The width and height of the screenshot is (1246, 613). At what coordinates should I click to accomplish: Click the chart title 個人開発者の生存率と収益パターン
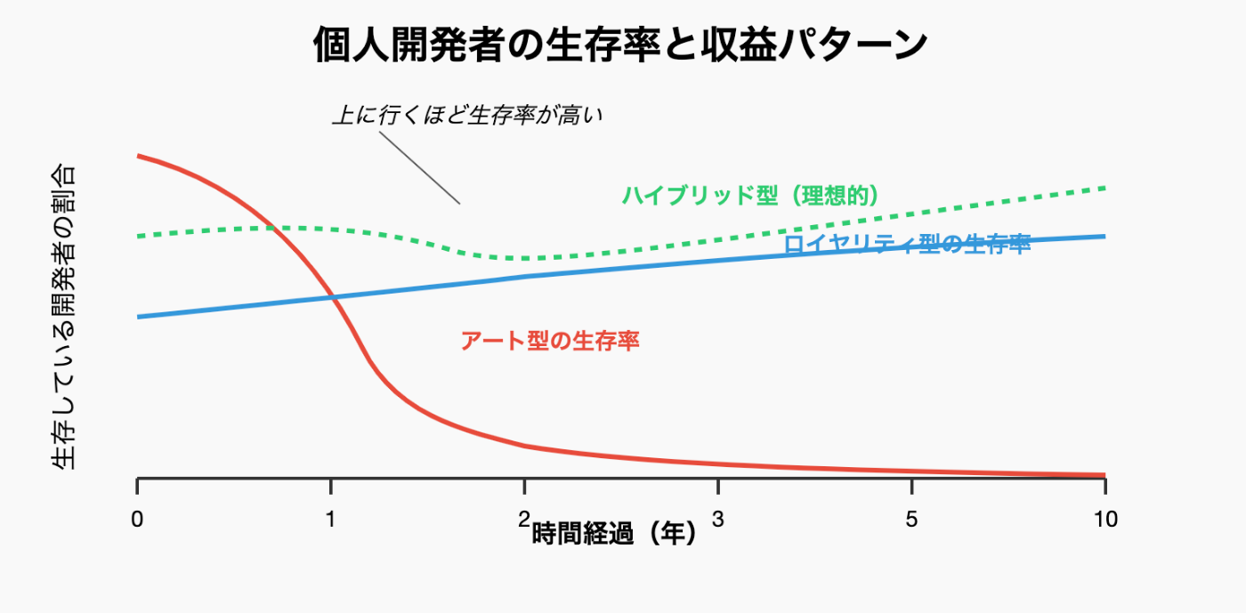(620, 45)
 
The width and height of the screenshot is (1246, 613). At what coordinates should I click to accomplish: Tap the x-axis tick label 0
(136, 520)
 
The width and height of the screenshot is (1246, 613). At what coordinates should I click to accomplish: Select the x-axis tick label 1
(330, 520)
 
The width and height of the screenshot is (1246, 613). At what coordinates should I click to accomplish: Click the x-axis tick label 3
(717, 520)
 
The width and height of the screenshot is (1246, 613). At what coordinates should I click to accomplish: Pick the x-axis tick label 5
(911, 520)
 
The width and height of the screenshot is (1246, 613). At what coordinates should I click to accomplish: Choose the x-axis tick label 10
(1105, 520)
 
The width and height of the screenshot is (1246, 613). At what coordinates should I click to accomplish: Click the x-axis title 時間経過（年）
(614, 534)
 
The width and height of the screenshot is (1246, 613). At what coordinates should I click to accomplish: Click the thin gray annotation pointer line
(418, 169)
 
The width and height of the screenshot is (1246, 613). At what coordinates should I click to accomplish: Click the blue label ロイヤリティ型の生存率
(907, 245)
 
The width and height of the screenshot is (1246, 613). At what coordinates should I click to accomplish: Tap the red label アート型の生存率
(550, 341)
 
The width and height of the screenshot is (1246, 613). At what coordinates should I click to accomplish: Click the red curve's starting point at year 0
(137, 156)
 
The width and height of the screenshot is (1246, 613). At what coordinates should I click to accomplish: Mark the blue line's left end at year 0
(137, 317)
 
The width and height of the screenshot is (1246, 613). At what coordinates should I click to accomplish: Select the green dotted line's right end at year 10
(1104, 188)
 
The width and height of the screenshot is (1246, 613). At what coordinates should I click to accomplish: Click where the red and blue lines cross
(334, 297)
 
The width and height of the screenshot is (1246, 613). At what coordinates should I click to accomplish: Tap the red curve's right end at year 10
(1104, 475)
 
